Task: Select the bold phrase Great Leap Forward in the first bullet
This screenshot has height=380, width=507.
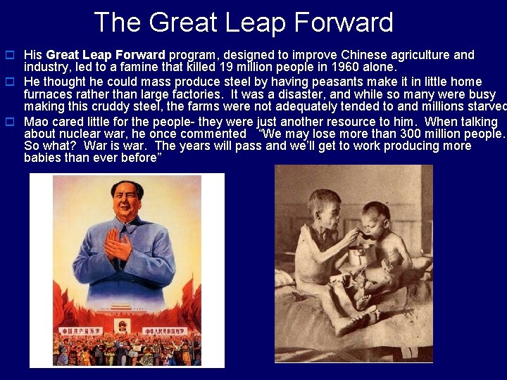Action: click(x=105, y=55)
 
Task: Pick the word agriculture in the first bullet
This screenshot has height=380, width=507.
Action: click(x=407, y=55)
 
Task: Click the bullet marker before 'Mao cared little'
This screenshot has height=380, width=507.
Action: click(x=11, y=121)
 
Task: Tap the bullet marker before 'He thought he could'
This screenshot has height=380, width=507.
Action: click(x=11, y=82)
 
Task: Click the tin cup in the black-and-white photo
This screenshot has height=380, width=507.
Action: click(x=361, y=254)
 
